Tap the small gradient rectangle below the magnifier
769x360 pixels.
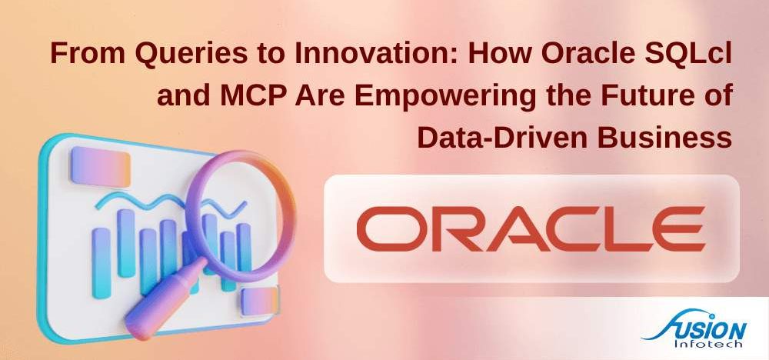256,302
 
